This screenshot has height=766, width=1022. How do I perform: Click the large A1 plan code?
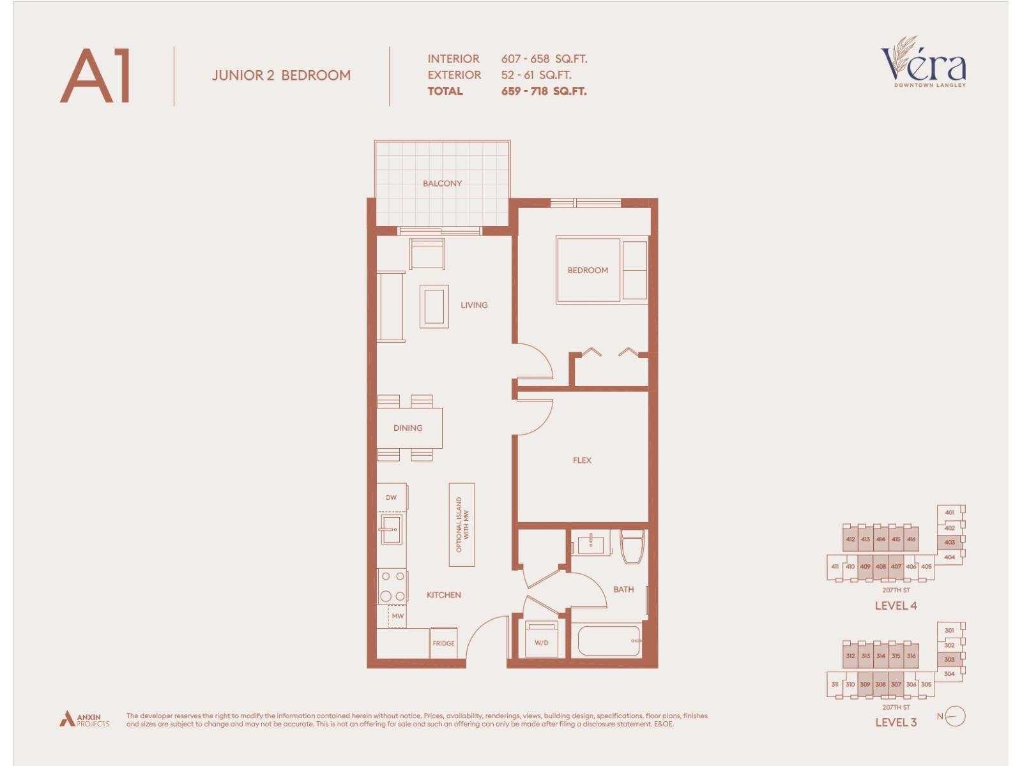click(x=96, y=76)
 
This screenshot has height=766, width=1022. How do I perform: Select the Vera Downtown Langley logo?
click(x=924, y=63)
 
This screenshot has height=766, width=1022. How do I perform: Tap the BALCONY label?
click(x=442, y=183)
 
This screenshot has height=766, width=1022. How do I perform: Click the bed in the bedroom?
click(x=588, y=270)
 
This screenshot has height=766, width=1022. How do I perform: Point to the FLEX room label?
click(x=582, y=460)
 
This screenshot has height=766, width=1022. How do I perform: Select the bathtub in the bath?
click(x=609, y=640)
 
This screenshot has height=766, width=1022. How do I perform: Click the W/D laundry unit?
click(x=541, y=640)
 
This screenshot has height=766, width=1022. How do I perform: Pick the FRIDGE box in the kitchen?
click(x=443, y=643)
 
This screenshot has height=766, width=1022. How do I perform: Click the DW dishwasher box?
click(x=391, y=497)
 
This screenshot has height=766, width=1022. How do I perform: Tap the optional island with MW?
click(x=462, y=525)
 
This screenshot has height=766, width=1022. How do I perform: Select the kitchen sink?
click(x=390, y=529)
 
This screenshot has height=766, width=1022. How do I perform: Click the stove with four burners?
click(x=392, y=586)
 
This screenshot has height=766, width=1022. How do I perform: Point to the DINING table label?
click(x=408, y=428)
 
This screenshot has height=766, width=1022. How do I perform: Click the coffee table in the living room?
click(x=434, y=307)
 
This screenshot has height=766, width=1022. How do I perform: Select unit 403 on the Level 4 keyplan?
click(x=949, y=542)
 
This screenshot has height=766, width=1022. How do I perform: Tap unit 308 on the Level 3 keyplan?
click(x=880, y=684)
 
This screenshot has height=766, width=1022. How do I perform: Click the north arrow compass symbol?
click(x=955, y=716)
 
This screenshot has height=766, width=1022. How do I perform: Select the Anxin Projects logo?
click(x=84, y=719)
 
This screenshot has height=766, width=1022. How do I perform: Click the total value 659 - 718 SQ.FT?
click(x=544, y=91)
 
